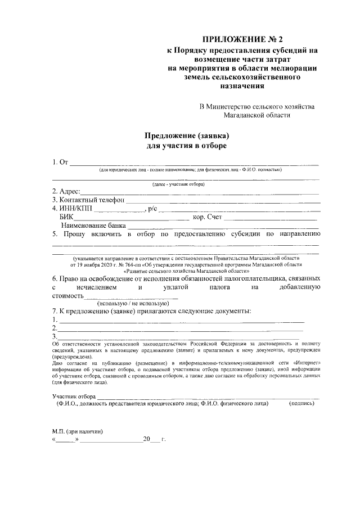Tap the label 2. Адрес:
tap(66, 191)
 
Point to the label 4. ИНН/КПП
tap(73, 209)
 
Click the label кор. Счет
tap(208, 217)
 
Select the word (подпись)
tap(301, 404)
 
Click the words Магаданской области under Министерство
tap(257, 115)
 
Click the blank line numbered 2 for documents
tap(180, 328)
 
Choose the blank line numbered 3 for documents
tap(180, 337)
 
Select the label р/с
tap(152, 209)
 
